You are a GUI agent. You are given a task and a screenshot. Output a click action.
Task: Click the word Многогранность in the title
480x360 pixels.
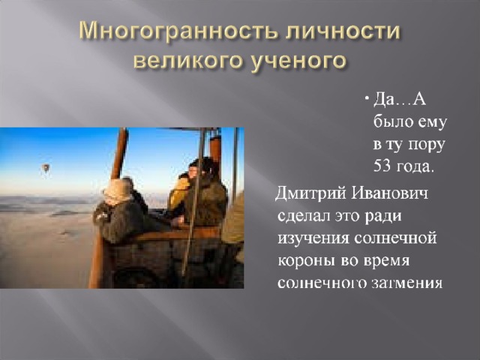tap(178, 31)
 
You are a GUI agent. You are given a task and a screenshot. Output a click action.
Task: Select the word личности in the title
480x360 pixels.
tap(343, 31)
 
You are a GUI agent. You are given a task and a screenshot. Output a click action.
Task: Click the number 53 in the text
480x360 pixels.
tap(382, 166)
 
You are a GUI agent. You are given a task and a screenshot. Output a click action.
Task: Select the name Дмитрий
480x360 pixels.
tap(311, 195)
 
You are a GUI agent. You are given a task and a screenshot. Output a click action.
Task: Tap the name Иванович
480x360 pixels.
tap(389, 193)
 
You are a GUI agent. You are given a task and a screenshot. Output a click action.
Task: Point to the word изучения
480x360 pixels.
tap(313, 238)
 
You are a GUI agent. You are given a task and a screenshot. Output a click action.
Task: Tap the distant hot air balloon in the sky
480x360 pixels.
tap(46, 168)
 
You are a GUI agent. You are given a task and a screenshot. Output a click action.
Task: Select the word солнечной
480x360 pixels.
tap(395, 238)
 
